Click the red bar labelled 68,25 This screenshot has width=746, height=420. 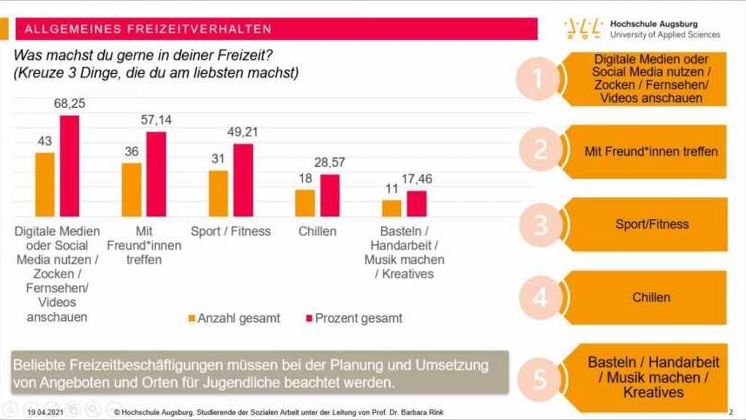pos(69,165)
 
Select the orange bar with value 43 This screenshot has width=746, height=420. pos(44,184)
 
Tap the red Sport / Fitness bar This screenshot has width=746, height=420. pos(243,180)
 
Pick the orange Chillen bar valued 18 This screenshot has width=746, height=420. pos(305,203)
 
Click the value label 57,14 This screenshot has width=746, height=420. pos(156,119)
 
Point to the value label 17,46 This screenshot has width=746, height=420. pos(417,178)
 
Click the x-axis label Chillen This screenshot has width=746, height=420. pos(318,231)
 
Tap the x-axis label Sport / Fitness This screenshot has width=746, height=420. pos(231,231)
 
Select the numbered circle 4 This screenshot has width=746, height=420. pos(541,298)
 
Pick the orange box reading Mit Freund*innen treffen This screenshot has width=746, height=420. pos(651,151)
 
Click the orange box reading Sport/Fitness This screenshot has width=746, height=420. pos(651,224)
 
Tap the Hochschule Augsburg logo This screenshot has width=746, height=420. pos(642,28)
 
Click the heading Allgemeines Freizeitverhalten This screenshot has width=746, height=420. pos(148,30)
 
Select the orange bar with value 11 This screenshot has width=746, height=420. pos(392,208)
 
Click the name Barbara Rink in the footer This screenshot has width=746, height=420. pos(402,410)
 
